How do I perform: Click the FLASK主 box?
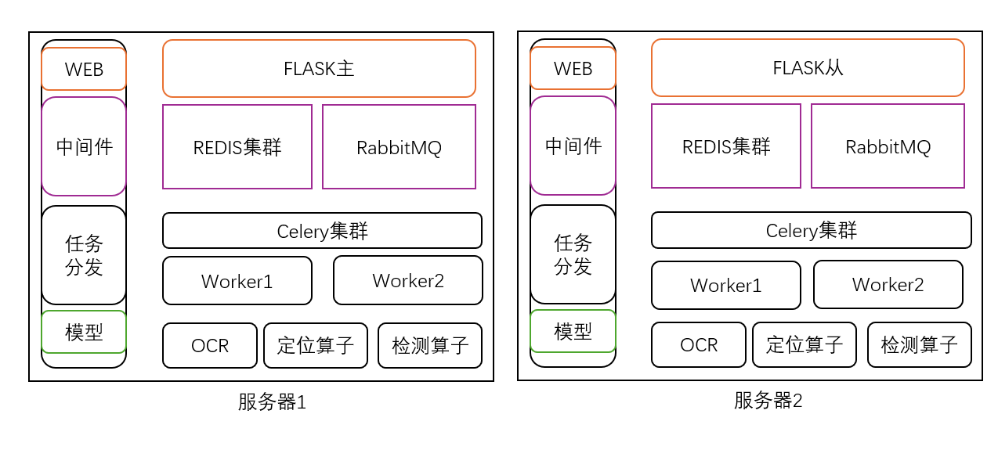pos(319,69)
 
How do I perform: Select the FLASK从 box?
pos(808,68)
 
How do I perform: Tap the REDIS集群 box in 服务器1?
pos(237,147)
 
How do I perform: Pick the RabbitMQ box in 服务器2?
pos(888,146)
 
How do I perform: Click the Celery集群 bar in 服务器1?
pos(322,231)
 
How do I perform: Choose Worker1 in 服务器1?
pos(237,281)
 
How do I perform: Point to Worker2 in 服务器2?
pos(888,285)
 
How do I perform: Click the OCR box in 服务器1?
pos(210,345)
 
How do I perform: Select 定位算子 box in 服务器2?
pos(805,344)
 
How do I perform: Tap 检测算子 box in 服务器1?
pos(430,345)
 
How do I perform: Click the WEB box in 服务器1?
pos(84,69)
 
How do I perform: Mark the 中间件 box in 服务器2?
pos(573,146)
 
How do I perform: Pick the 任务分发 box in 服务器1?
pos(84,255)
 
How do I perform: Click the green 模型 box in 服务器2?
pos(573,331)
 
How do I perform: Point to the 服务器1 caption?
pos(272,402)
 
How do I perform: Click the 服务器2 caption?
pos(768,401)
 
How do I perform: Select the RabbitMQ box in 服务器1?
pos(399,147)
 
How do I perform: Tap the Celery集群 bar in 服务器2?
pos(811,230)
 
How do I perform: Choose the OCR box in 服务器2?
pos(699,344)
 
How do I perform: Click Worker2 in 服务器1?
pos(408,280)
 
